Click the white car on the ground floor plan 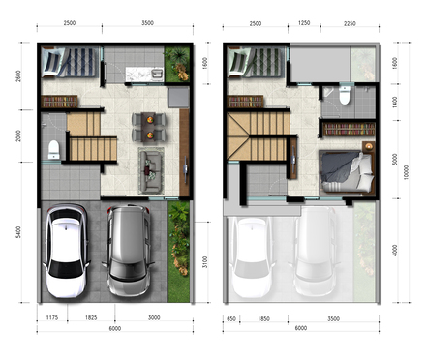(x=66, y=250)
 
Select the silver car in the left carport (x=128, y=250)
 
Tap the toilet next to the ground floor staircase (x=54, y=149)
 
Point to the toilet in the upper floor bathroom (x=345, y=96)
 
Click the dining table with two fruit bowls (x=149, y=127)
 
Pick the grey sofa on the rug (x=150, y=170)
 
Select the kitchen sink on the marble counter (x=157, y=74)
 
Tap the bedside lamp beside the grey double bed (x=369, y=146)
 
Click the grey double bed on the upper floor (x=347, y=172)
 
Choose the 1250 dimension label (x=304, y=23)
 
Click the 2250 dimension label (x=350, y=23)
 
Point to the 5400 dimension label (x=18, y=232)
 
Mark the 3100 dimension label (x=204, y=262)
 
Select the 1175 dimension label (x=52, y=317)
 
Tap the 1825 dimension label (x=91, y=317)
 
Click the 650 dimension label (x=231, y=318)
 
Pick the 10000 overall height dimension (x=406, y=172)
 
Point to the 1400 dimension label (x=395, y=102)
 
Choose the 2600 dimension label (x=18, y=76)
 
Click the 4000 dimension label (x=395, y=251)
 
